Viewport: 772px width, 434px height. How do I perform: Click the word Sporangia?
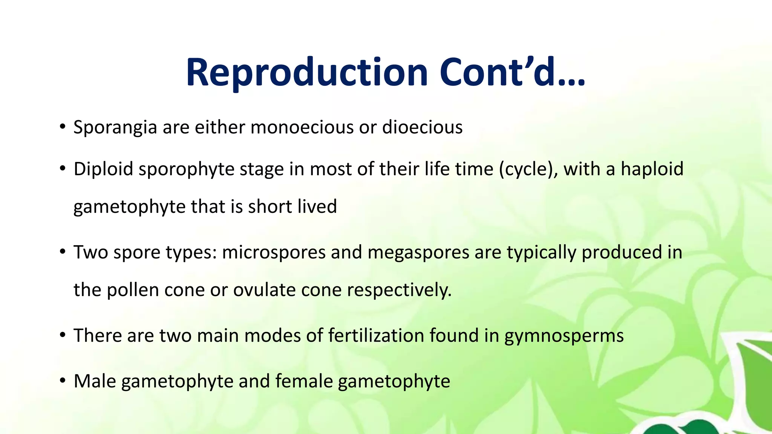point(115,127)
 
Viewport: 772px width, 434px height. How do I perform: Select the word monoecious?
point(302,127)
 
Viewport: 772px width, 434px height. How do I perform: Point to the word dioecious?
point(422,127)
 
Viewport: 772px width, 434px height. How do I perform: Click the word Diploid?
point(103,169)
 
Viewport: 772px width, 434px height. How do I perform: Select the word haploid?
point(652,169)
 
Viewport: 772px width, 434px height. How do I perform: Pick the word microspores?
point(274,252)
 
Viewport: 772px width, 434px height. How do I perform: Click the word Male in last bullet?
point(95,381)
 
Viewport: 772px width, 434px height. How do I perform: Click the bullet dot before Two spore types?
point(63,252)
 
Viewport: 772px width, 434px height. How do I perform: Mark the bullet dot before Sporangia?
point(63,127)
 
